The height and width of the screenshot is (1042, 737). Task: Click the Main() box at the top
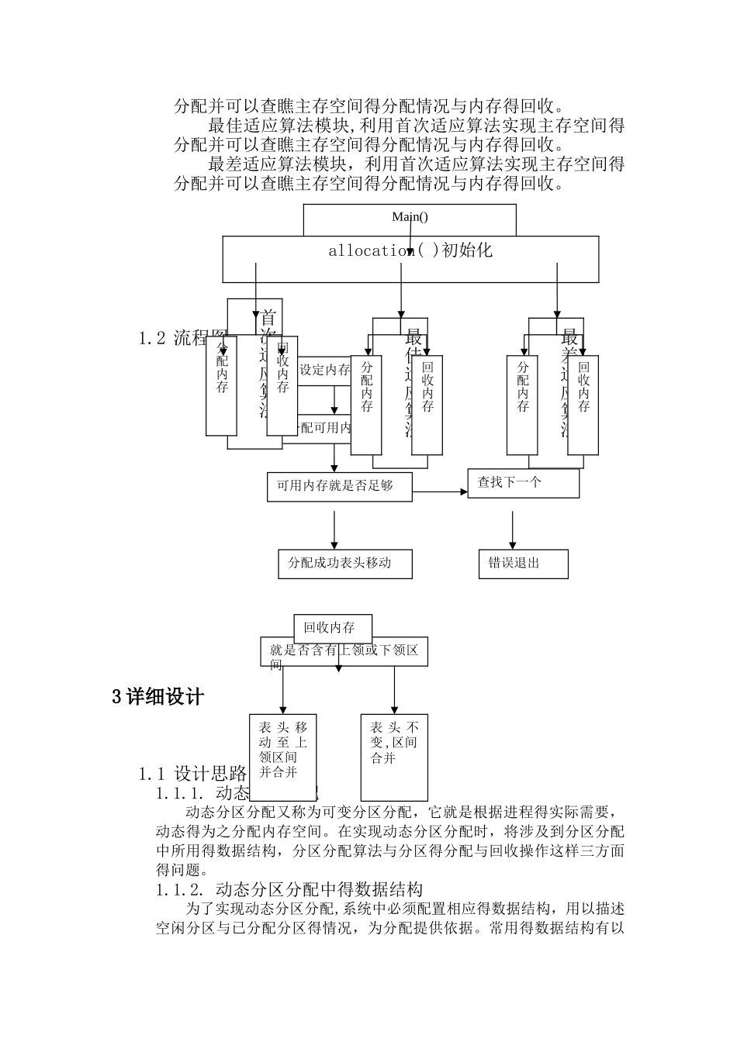409,218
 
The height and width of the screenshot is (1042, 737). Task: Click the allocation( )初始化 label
410,251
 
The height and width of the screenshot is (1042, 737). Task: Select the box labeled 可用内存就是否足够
339,486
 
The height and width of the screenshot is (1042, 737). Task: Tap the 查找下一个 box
524,483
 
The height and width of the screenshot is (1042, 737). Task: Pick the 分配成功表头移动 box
344,564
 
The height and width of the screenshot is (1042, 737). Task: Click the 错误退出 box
523,564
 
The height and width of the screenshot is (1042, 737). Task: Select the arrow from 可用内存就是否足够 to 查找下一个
439,492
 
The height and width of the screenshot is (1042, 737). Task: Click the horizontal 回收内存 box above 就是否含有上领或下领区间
333,628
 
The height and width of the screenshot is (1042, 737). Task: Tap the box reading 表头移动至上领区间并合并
283,749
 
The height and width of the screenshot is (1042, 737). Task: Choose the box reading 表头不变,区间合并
394,756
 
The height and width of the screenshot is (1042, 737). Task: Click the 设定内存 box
324,370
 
